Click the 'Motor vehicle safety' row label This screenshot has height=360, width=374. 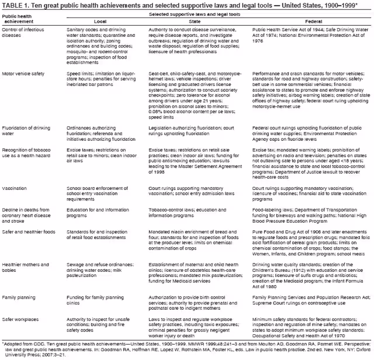pyautogui.click(x=23, y=74)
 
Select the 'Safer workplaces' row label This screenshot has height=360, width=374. pyautogui.click(x=21, y=319)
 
